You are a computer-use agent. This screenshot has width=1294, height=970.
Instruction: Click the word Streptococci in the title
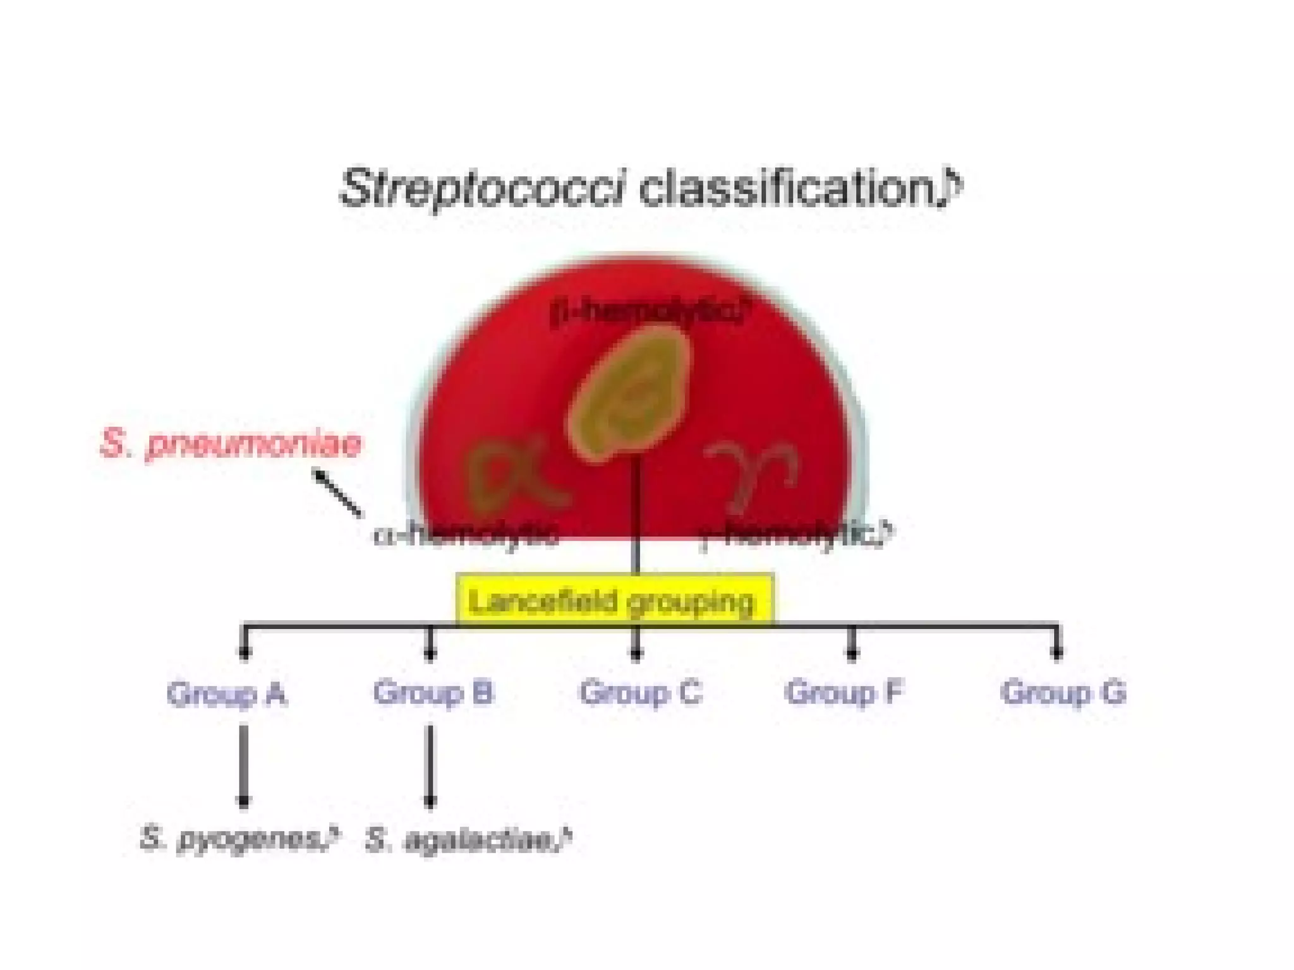(483, 188)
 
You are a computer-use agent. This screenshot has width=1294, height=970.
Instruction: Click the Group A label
(227, 693)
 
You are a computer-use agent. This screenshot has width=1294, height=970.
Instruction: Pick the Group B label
(433, 692)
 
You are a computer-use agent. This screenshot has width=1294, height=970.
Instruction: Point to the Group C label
(640, 692)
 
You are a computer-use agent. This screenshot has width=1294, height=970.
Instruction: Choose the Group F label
(844, 692)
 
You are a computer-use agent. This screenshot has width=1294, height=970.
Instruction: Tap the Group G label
(1063, 692)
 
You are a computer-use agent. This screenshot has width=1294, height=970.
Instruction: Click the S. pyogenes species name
(235, 839)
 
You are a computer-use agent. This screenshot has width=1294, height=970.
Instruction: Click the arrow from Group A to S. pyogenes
(244, 765)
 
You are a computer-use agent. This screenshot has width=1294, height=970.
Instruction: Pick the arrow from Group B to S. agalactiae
(430, 765)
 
